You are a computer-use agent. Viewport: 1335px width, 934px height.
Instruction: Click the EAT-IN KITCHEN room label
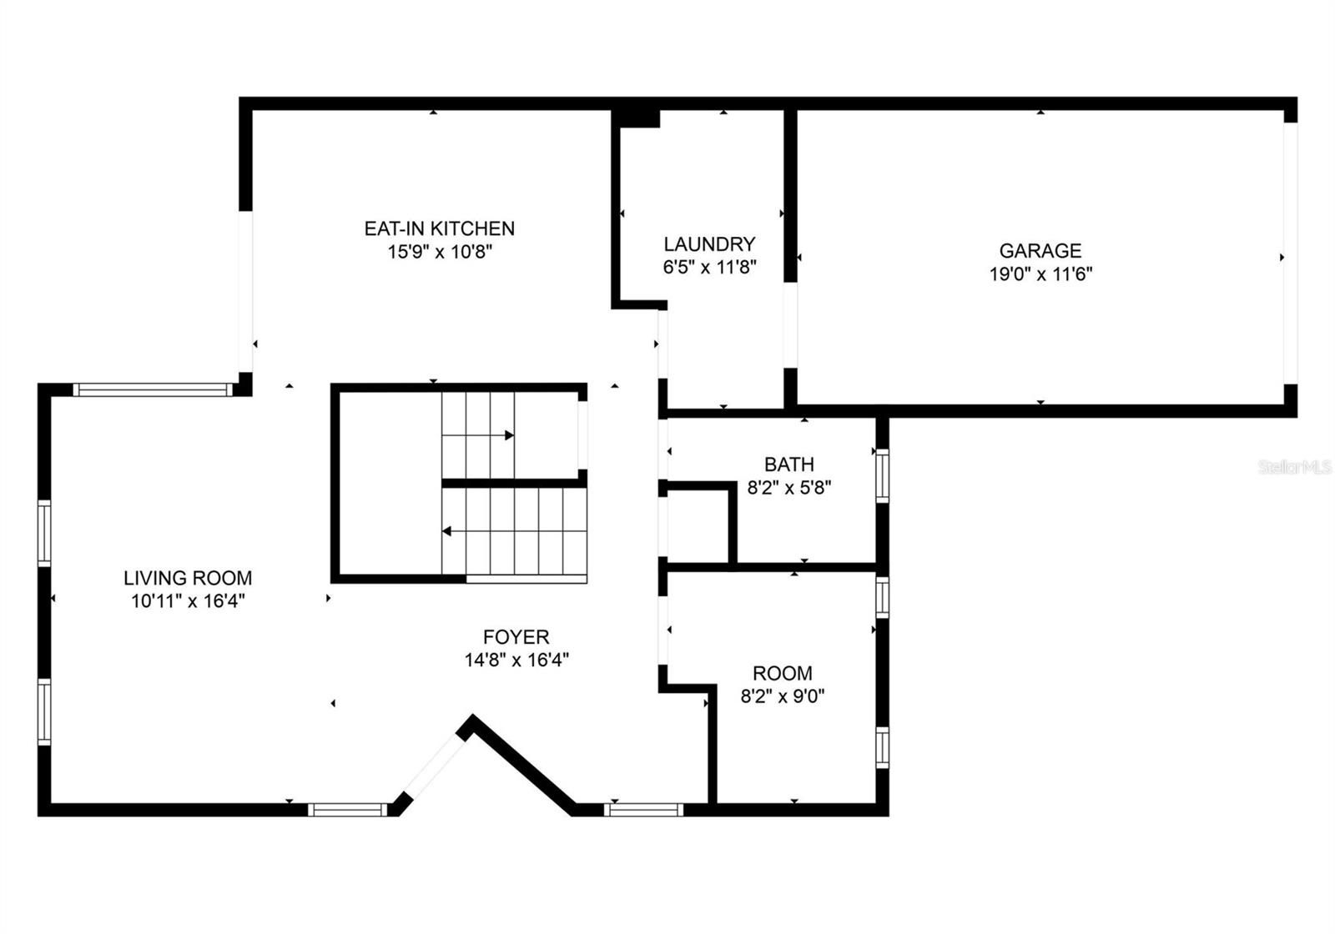tap(439, 228)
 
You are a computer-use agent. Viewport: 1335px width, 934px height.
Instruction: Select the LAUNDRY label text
tap(709, 244)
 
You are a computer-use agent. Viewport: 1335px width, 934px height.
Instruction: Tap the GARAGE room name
tap(1040, 250)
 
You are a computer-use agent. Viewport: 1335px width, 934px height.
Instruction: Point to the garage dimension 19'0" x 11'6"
tap(1040, 274)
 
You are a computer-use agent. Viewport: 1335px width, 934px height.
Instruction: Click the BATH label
tap(788, 464)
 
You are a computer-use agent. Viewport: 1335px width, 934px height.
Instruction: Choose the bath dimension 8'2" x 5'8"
tap(788, 487)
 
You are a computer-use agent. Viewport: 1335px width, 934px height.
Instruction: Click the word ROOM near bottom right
tap(782, 673)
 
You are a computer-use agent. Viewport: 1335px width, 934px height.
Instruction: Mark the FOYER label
tap(516, 637)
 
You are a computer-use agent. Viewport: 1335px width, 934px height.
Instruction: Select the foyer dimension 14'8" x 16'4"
tap(516, 660)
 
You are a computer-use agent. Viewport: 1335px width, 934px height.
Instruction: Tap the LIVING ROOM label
tap(188, 578)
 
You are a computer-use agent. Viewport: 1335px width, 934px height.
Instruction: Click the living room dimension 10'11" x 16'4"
tap(188, 600)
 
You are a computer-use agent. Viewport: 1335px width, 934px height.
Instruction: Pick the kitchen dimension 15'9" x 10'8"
tap(439, 251)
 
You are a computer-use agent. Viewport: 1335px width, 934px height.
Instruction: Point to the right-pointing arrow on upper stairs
tap(508, 435)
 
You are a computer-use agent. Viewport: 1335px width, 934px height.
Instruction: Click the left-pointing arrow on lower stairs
tap(447, 531)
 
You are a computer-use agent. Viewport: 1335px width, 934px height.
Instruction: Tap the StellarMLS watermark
tap(1294, 467)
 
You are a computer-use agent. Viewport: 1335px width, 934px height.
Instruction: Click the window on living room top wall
tap(151, 389)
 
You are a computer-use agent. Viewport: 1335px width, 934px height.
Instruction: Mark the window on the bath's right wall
tap(881, 475)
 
